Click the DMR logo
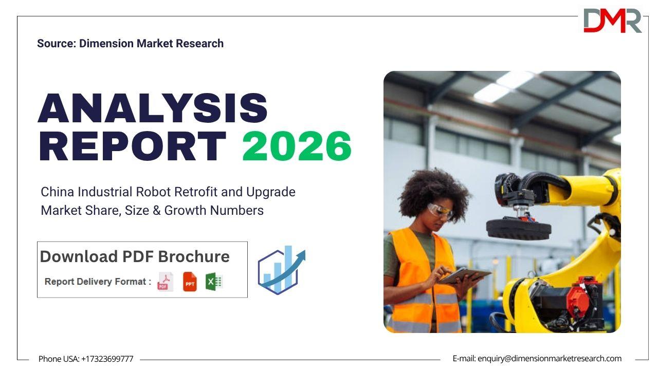pos(612,20)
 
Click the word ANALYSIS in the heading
pos(153,108)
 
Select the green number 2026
pos(297,146)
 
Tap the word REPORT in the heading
pos(133,146)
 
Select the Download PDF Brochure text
pos(135,256)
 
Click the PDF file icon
pos(166,282)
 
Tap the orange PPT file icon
pos(190,282)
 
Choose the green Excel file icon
pos(214,282)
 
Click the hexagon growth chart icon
pos(281,270)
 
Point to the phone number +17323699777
pos(107,359)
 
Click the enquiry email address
pos(550,359)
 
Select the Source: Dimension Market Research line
pos(130,44)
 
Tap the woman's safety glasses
pos(440,211)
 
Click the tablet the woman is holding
pos(465,276)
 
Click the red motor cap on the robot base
pos(578,301)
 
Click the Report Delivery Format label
pos(98,282)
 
